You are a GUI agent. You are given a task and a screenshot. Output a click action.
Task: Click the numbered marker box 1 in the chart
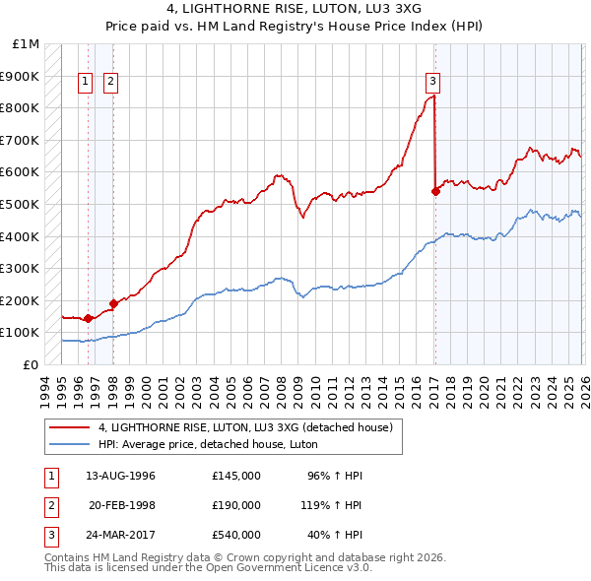[86, 83]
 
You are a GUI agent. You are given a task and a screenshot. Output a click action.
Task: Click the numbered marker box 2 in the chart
[110, 83]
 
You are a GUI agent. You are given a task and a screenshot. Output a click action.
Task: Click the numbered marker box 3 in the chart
[433, 83]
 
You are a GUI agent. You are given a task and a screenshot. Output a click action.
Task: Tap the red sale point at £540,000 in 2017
[435, 192]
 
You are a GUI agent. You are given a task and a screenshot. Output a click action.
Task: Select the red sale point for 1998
[113, 304]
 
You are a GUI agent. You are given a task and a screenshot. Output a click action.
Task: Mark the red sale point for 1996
[88, 318]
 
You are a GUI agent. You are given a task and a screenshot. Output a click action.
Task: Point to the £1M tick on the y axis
[26, 44]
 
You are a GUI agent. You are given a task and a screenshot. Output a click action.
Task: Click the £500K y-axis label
[22, 205]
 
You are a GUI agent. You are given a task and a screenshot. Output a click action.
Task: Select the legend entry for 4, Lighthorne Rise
[246, 427]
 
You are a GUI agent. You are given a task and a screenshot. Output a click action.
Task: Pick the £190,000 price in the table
[236, 505]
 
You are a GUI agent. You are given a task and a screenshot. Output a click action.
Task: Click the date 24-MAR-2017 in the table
[120, 535]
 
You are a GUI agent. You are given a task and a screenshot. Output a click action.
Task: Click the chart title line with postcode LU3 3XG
[295, 10]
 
